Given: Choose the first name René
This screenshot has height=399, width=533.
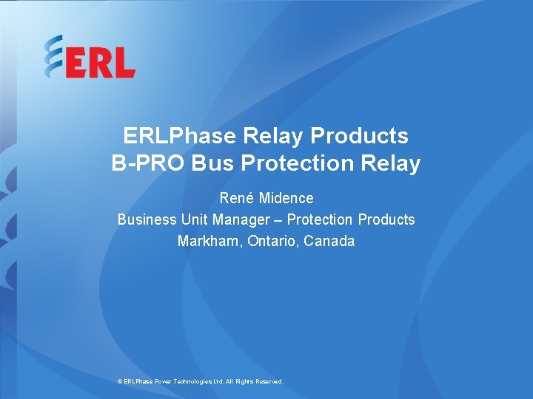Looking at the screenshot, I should [x=237, y=198].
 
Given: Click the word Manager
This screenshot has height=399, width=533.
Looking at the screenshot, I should [x=241, y=219].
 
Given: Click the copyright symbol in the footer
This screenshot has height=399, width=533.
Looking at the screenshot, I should [x=120, y=381].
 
